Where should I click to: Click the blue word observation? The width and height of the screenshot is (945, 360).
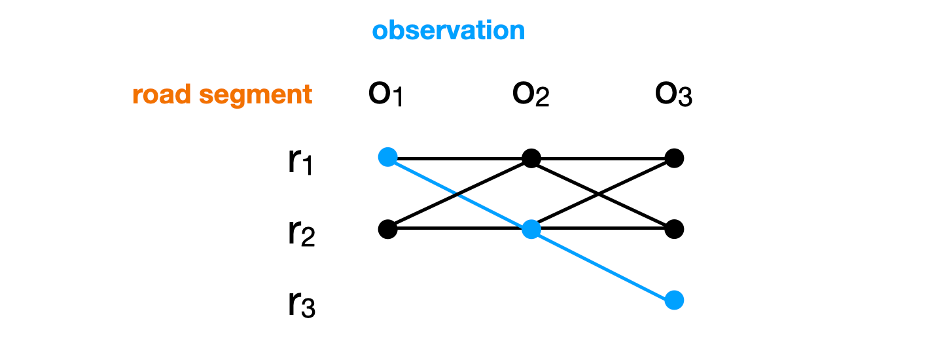(448, 31)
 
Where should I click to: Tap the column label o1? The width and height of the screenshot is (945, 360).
(387, 96)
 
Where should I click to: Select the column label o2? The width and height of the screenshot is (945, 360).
(531, 96)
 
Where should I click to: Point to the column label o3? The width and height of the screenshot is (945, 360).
(673, 96)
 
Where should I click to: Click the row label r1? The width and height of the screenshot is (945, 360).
(301, 162)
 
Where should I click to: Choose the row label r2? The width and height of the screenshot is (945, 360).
(301, 233)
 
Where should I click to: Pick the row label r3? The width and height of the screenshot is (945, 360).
(301, 304)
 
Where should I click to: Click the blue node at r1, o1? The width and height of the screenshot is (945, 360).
(388, 157)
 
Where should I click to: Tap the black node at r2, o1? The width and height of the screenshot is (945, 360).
(388, 229)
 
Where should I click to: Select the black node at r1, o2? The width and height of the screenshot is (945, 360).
(531, 158)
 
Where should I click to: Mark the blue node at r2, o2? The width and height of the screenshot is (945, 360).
(531, 230)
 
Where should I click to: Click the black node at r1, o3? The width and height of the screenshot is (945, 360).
(674, 158)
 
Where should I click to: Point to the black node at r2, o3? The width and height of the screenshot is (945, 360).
(674, 229)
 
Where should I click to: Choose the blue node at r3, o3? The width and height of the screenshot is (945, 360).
(674, 300)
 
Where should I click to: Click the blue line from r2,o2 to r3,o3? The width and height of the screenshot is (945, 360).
(602, 265)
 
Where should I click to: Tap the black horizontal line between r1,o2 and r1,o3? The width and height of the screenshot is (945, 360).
(602, 158)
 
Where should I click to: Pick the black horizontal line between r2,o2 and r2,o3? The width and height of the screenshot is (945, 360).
(628, 228)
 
